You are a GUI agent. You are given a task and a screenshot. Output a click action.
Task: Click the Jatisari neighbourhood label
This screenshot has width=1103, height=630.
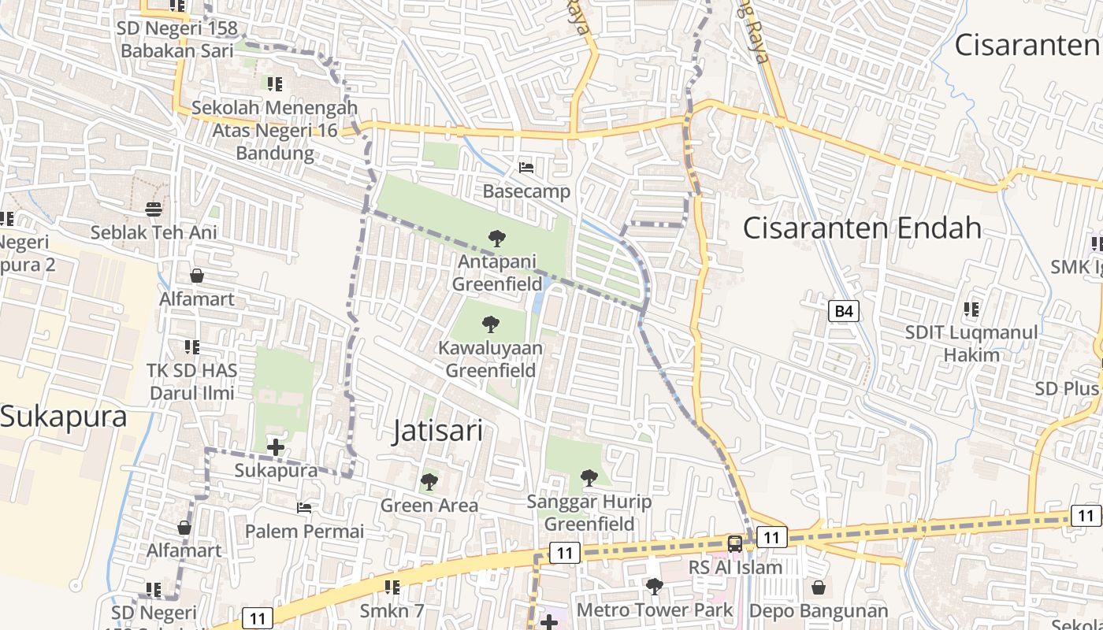[437, 431]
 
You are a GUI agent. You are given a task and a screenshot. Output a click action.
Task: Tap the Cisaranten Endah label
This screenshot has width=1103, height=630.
[863, 228]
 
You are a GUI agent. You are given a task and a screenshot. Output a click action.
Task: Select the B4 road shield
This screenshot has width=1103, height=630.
[844, 311]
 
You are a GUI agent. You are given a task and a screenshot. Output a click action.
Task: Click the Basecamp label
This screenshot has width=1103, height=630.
[526, 191]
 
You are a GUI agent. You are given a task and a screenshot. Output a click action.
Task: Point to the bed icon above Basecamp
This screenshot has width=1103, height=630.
[526, 167]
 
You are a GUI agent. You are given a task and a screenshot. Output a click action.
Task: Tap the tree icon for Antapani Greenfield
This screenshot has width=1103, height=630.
[496, 238]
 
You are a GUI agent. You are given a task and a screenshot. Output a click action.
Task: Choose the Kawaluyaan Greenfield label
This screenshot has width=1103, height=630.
[490, 359]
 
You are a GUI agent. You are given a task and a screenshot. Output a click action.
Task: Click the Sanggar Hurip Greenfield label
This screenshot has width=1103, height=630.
[589, 513]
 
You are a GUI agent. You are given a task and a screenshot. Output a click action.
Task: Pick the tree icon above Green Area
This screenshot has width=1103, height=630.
[429, 481]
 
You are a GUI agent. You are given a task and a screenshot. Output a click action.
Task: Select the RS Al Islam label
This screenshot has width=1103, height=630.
[736, 567]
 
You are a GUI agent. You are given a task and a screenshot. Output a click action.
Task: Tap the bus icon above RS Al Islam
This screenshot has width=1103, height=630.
[735, 543]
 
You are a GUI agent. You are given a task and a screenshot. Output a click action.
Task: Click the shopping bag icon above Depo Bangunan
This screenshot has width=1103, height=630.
[819, 587]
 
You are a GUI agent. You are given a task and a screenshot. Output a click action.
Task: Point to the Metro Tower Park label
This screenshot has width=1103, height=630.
[655, 610]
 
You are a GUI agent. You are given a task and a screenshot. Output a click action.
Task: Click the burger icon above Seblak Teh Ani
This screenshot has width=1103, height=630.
[154, 209]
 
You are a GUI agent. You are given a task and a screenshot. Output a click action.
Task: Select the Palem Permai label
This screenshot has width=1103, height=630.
[305, 531]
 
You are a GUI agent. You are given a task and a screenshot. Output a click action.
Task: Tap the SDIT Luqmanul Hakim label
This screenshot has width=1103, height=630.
[971, 343]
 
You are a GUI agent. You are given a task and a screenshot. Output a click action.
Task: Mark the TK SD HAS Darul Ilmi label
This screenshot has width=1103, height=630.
[191, 381]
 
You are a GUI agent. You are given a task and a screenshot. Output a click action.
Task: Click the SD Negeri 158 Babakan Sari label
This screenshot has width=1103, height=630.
[177, 39]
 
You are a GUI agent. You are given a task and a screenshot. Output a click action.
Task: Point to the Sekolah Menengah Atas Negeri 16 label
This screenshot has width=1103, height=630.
[275, 130]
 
